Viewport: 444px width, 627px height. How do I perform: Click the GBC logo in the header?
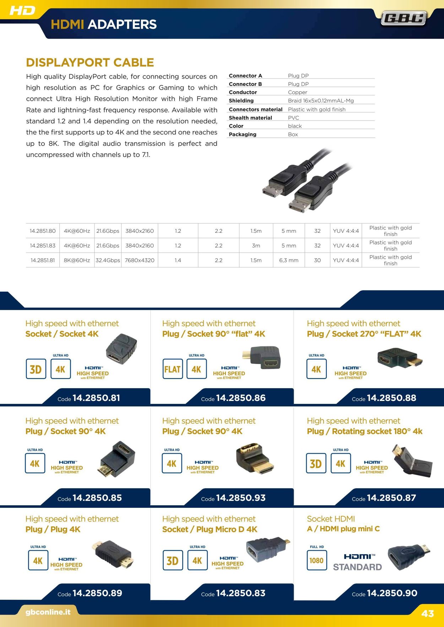tap(404, 18)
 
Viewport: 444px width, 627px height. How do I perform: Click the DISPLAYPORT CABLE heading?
tap(90, 62)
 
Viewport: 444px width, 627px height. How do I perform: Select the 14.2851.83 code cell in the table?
tap(43, 246)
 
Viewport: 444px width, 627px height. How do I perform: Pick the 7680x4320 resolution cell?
tap(140, 260)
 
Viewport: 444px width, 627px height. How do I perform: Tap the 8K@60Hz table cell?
tap(77, 260)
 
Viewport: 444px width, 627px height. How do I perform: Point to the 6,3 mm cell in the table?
tap(289, 260)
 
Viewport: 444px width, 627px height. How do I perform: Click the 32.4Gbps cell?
tap(108, 260)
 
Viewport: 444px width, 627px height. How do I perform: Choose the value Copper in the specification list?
tap(298, 92)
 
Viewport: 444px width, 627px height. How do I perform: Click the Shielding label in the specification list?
tap(241, 101)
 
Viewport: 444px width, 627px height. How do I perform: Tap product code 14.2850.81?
tap(96, 398)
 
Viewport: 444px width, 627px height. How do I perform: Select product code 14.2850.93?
tap(241, 498)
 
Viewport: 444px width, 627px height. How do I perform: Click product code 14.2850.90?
tap(392, 593)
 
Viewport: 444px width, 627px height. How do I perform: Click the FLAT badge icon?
tap(173, 369)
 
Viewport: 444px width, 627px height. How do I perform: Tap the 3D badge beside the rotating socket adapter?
tap(316, 463)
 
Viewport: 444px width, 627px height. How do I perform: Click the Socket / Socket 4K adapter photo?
tap(121, 349)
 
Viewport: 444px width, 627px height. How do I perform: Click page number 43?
tap(428, 614)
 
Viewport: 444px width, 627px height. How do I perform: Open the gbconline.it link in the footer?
tap(48, 612)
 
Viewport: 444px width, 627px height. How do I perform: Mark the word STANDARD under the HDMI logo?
tap(357, 567)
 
